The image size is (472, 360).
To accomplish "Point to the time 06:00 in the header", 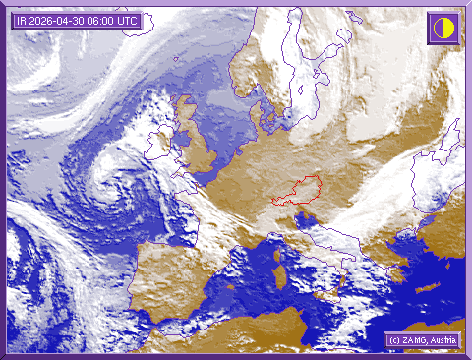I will click(x=106, y=21).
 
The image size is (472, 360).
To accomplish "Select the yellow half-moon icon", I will click(x=442, y=27).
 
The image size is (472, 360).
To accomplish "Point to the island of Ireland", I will click(x=158, y=147).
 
